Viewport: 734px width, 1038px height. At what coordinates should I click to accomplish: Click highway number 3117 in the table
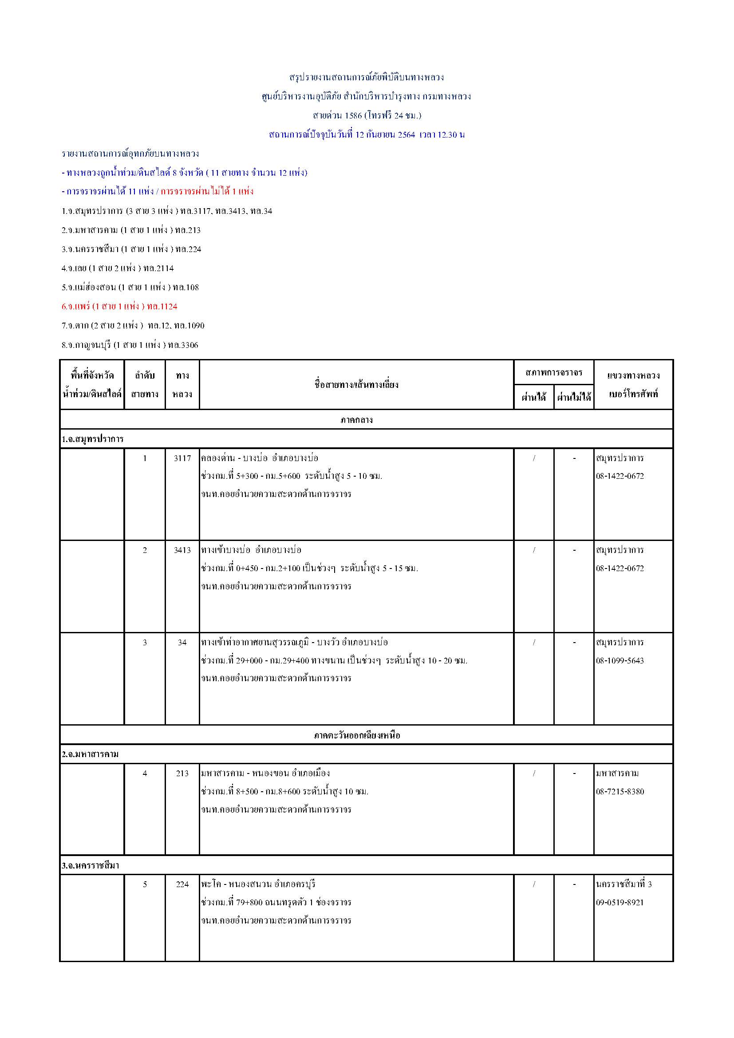(182, 458)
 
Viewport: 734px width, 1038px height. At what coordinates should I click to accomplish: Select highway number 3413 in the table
(182, 550)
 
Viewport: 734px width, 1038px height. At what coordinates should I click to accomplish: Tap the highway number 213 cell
(182, 773)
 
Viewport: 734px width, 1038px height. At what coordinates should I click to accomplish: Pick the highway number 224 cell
(182, 884)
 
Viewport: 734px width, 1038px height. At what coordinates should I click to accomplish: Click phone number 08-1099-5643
(620, 660)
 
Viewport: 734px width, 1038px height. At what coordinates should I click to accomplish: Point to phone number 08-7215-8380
(620, 791)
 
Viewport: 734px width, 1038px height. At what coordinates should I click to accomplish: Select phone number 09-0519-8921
(620, 902)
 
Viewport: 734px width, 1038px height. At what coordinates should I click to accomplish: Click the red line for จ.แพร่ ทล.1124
(119, 307)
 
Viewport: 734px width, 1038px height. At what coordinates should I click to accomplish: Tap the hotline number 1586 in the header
(353, 115)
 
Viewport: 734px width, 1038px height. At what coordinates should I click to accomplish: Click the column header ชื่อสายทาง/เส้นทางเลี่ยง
(356, 385)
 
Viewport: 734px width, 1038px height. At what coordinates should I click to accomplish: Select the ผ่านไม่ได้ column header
(573, 397)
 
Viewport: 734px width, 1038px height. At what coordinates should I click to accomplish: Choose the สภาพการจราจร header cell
(554, 372)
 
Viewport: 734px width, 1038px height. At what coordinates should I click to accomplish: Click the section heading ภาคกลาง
(356, 419)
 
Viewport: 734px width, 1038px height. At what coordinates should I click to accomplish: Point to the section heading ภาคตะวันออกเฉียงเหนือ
(356, 735)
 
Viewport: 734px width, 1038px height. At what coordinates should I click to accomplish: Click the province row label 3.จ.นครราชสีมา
(91, 865)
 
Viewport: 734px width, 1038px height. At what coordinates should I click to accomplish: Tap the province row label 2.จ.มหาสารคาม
(91, 754)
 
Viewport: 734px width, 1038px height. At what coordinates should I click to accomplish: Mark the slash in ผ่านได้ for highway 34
(534, 643)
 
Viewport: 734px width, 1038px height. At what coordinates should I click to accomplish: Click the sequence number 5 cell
(145, 884)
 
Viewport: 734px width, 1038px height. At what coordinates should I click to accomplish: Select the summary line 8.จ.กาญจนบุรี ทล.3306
(130, 345)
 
